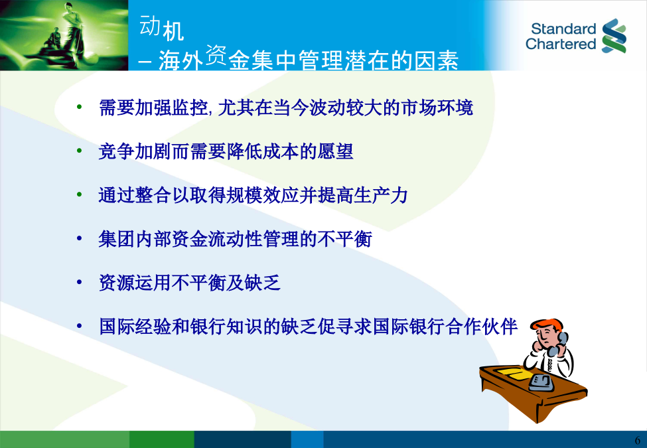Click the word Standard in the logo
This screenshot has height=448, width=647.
tap(563, 29)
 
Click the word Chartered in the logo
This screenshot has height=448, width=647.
tap(561, 44)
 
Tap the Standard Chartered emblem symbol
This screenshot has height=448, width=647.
tap(614, 36)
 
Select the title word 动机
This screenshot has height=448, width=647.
tap(162, 28)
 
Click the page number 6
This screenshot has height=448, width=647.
tap(638, 440)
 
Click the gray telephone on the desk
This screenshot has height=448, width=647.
tap(541, 382)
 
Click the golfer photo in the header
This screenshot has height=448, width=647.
tap(64, 35)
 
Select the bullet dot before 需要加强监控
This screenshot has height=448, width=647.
tap(79, 108)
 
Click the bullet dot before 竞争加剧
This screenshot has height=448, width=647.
tap(79, 151)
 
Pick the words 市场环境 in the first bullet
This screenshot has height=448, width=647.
tap(437, 108)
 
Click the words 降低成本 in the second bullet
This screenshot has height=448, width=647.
tap(263, 151)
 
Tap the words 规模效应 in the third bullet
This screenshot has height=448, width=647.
tap(263, 195)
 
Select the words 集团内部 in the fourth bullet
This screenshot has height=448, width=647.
tap(135, 239)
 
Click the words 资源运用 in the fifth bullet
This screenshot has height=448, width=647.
tap(135, 283)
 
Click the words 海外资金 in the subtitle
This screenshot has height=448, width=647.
tap(192, 58)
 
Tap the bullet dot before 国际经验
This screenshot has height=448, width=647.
tap(79, 326)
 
